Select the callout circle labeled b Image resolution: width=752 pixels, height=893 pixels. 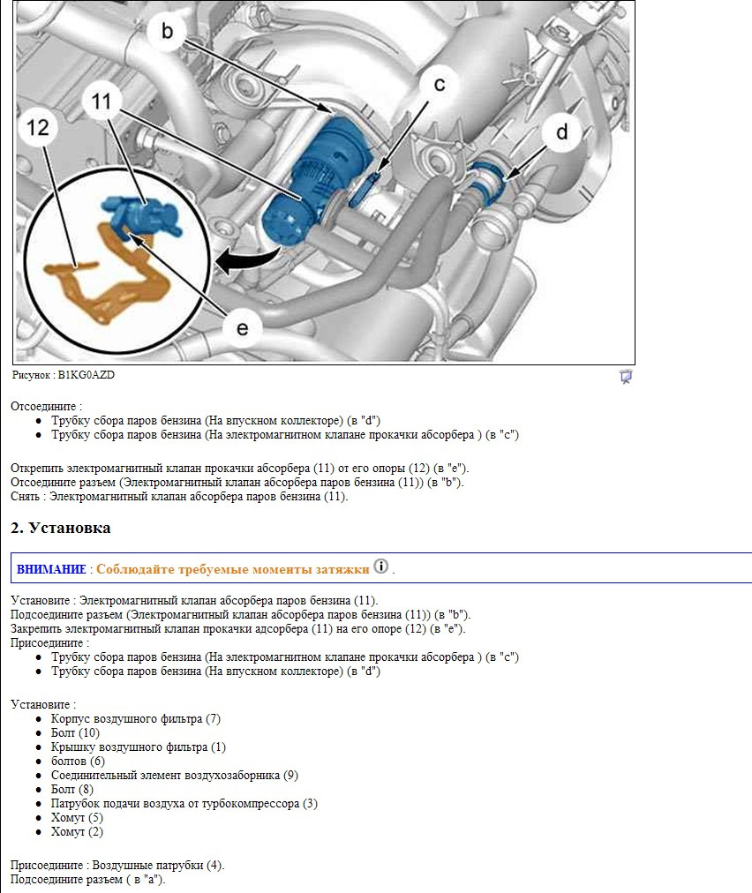(168, 32)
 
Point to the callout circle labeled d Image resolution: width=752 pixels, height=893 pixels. (561, 132)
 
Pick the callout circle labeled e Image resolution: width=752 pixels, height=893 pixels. (242, 328)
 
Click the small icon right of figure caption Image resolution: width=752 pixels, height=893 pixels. (626, 377)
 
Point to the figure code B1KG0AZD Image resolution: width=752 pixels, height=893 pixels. (86, 375)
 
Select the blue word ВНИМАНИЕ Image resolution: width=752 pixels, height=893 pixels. (51, 569)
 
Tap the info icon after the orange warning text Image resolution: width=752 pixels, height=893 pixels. (380, 567)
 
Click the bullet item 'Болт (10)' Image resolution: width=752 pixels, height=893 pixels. (75, 732)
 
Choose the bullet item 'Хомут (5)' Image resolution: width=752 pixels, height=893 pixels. (77, 817)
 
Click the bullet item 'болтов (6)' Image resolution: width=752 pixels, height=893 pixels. (78, 761)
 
